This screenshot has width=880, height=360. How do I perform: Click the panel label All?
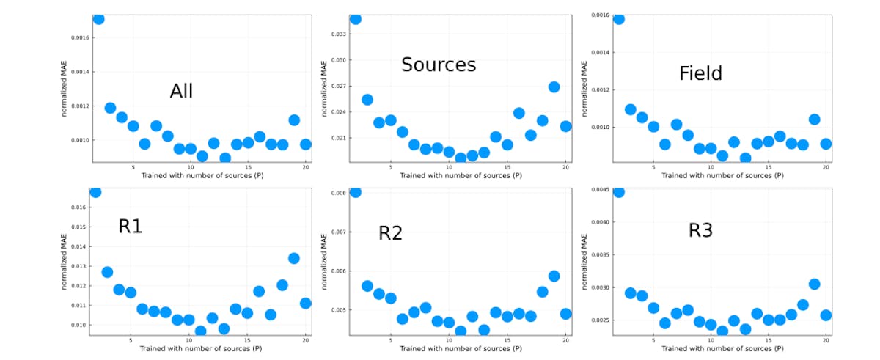pos(181,91)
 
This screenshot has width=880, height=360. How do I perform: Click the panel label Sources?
pos(439,65)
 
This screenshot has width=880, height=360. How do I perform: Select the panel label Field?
pos(700,73)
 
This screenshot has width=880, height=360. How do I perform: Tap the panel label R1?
pos(130,227)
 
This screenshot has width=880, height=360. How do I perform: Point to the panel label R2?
pos(390,233)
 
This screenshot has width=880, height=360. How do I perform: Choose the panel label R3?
pos(700,230)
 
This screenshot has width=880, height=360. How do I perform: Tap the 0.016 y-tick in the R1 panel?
pos(78,207)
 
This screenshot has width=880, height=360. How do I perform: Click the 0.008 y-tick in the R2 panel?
pos(338,194)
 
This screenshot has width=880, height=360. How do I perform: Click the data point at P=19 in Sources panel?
pos(554,87)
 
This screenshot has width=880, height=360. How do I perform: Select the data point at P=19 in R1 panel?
pos(293,258)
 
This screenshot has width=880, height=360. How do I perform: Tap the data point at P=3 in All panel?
pos(110,108)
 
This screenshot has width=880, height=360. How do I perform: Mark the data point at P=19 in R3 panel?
pos(814,284)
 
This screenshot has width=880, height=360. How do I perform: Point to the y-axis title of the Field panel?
pos(584,88)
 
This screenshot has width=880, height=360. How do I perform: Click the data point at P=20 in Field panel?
pos(826,144)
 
